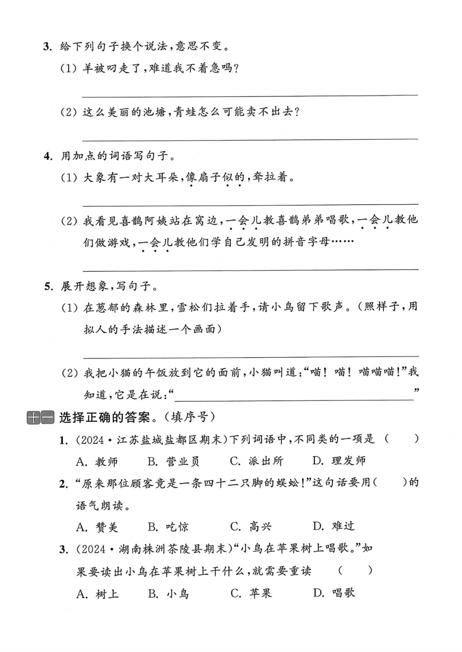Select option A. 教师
[97, 461]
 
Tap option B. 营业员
[174, 461]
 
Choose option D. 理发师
[339, 461]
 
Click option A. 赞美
[97, 527]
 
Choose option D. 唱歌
[335, 593]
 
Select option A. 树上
[97, 593]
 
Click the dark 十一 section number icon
[40, 417]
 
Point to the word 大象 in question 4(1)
[94, 177]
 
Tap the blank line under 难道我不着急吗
[250, 94]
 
